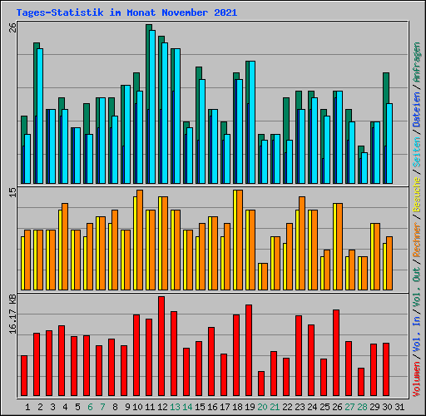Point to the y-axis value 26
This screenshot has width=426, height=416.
12,27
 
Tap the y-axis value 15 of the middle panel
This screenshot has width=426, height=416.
12,192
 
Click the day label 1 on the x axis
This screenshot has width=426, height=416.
28,407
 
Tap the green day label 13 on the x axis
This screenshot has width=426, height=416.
175,407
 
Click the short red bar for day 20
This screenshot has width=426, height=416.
261,384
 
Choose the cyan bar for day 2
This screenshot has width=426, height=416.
39,116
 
